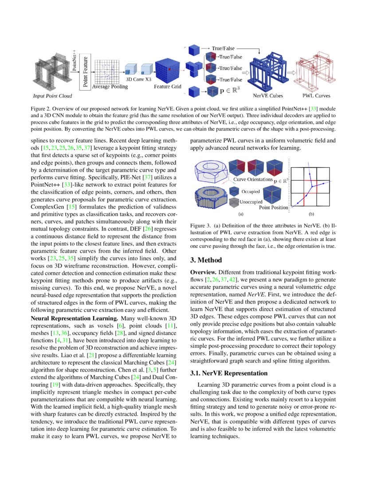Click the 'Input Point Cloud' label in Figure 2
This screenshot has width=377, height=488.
tap(52, 95)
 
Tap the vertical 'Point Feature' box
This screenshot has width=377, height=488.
tap(85, 71)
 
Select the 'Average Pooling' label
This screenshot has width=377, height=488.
tap(110, 87)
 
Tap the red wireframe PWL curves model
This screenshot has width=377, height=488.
tap(316, 71)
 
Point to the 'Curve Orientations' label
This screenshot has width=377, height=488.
tap(253, 180)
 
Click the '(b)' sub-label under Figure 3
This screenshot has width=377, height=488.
tap(310, 213)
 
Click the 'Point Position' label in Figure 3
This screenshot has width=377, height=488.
tap(274, 207)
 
